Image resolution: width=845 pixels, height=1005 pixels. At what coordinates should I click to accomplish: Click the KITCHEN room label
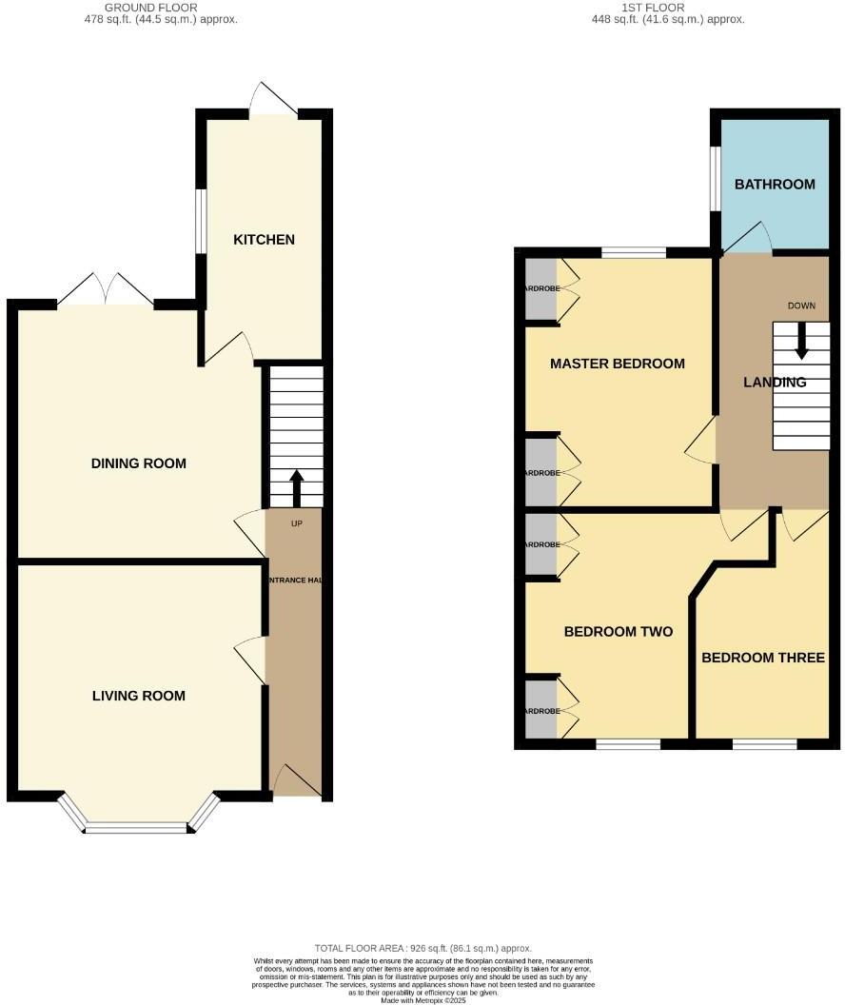click(265, 240)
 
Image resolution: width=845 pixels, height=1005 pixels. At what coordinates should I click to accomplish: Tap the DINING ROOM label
click(139, 463)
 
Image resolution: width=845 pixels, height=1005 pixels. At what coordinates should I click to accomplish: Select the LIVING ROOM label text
click(139, 696)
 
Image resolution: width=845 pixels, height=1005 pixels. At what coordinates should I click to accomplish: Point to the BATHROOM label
click(775, 184)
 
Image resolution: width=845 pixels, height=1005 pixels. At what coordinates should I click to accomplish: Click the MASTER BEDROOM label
click(618, 364)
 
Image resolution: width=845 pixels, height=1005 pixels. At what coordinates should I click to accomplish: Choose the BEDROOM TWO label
click(619, 632)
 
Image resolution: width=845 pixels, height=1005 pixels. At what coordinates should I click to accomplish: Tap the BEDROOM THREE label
click(763, 658)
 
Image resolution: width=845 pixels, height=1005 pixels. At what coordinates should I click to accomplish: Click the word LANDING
click(775, 383)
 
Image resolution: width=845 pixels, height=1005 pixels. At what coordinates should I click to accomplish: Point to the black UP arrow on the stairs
click(296, 486)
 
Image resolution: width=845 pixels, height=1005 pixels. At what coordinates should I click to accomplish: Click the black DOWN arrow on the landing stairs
click(801, 340)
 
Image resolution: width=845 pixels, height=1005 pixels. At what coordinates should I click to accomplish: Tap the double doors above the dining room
click(106, 291)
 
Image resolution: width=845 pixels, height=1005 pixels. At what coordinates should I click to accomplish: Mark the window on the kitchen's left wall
click(201, 221)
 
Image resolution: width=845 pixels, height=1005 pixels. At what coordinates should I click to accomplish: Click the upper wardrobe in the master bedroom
click(541, 288)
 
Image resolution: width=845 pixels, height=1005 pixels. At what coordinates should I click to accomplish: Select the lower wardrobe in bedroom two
click(541, 708)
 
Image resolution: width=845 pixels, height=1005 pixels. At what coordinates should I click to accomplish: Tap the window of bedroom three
click(764, 744)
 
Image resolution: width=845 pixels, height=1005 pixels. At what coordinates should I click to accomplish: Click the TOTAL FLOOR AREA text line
click(422, 949)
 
